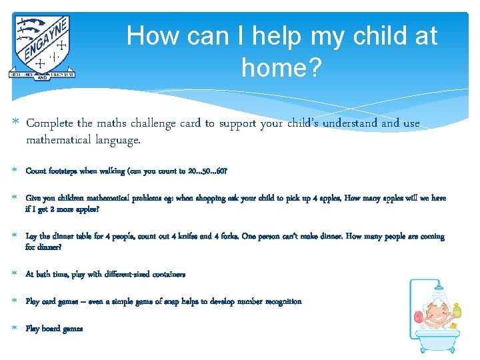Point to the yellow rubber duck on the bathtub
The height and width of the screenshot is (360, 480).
point(453,326)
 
